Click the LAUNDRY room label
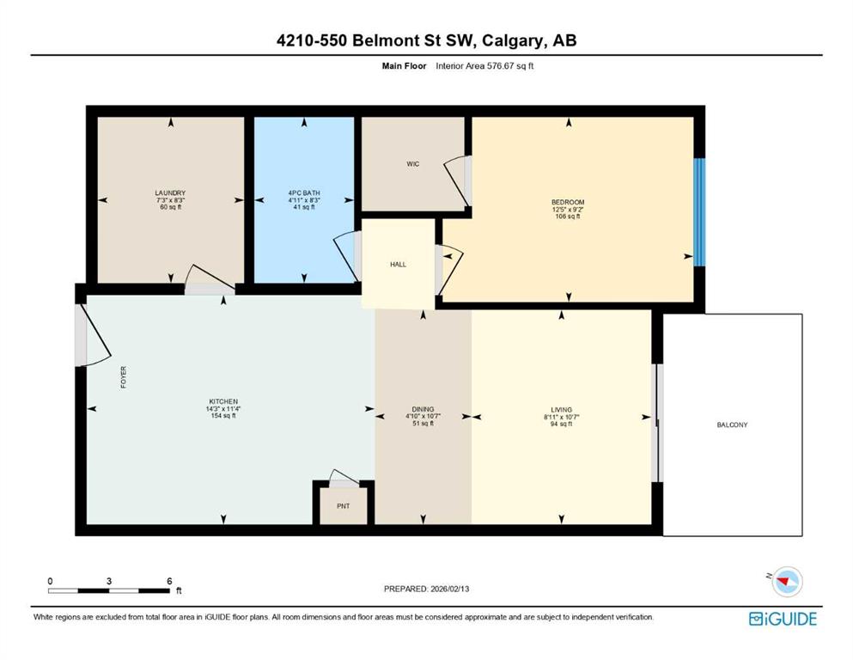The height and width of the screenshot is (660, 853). click(x=170, y=193)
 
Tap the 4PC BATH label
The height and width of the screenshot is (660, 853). click(x=304, y=193)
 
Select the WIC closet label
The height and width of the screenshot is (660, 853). click(x=413, y=164)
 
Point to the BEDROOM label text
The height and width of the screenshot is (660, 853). click(x=568, y=203)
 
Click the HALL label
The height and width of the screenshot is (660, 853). click(x=399, y=265)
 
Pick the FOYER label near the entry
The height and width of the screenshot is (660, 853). click(x=124, y=377)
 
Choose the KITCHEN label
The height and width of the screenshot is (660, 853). click(x=223, y=401)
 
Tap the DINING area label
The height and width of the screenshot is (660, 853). click(x=423, y=409)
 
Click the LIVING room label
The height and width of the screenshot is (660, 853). click(x=562, y=410)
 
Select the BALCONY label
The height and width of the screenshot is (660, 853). click(x=732, y=425)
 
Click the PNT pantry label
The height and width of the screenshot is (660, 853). click(x=344, y=506)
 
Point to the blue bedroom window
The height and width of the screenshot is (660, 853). click(x=699, y=212)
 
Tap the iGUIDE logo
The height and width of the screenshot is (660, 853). click(x=783, y=620)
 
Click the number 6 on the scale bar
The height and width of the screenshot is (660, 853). click(x=169, y=581)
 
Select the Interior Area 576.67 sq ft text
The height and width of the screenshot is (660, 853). click(x=484, y=66)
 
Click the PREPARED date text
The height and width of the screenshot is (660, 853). click(x=426, y=589)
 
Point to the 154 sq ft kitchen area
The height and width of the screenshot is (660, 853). click(x=223, y=416)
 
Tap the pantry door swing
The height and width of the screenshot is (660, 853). click(x=344, y=476)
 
